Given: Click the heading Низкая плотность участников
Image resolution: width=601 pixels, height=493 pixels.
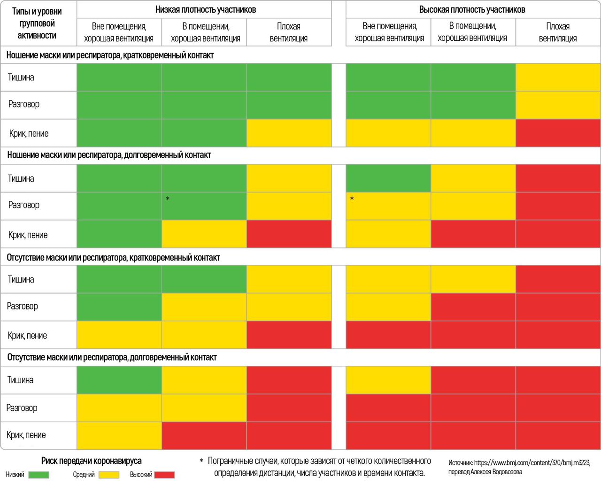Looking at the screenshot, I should click(x=206, y=9).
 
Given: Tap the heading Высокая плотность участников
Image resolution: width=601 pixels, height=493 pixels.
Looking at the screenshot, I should click(x=472, y=9).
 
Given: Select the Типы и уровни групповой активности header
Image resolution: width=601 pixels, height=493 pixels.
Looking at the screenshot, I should click(x=37, y=23).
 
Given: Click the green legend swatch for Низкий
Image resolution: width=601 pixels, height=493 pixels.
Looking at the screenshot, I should click(x=39, y=475).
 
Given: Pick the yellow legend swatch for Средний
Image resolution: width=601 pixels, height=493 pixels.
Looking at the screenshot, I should click(x=108, y=475).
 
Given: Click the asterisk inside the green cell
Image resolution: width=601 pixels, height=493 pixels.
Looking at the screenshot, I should click(x=168, y=199).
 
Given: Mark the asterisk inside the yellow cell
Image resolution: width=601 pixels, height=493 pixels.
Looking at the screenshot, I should click(x=352, y=199).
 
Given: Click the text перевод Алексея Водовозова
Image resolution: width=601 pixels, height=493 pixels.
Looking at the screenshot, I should click(x=485, y=472).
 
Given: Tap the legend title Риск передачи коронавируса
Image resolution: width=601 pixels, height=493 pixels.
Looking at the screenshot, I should click(x=91, y=461).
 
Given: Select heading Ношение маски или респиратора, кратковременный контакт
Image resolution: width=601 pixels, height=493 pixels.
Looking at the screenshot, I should click(x=110, y=55).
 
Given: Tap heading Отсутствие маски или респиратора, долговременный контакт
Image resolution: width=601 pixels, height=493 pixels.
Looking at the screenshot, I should click(x=112, y=357).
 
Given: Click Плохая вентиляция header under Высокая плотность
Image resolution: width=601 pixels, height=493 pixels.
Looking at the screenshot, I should click(x=558, y=32).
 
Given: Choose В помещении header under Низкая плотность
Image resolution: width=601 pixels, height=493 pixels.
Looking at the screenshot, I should click(x=206, y=32).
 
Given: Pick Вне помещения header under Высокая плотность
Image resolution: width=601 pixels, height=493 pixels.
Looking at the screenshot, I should click(x=389, y=32).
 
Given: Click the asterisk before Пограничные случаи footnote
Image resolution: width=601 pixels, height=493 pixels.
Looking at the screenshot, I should click(x=201, y=462).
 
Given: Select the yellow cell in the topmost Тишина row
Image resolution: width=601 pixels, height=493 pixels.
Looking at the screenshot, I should click(x=558, y=77).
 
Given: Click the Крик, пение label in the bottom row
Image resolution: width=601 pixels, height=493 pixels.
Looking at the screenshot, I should click(x=26, y=435).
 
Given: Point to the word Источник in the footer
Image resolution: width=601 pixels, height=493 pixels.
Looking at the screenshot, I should click(x=460, y=462).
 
